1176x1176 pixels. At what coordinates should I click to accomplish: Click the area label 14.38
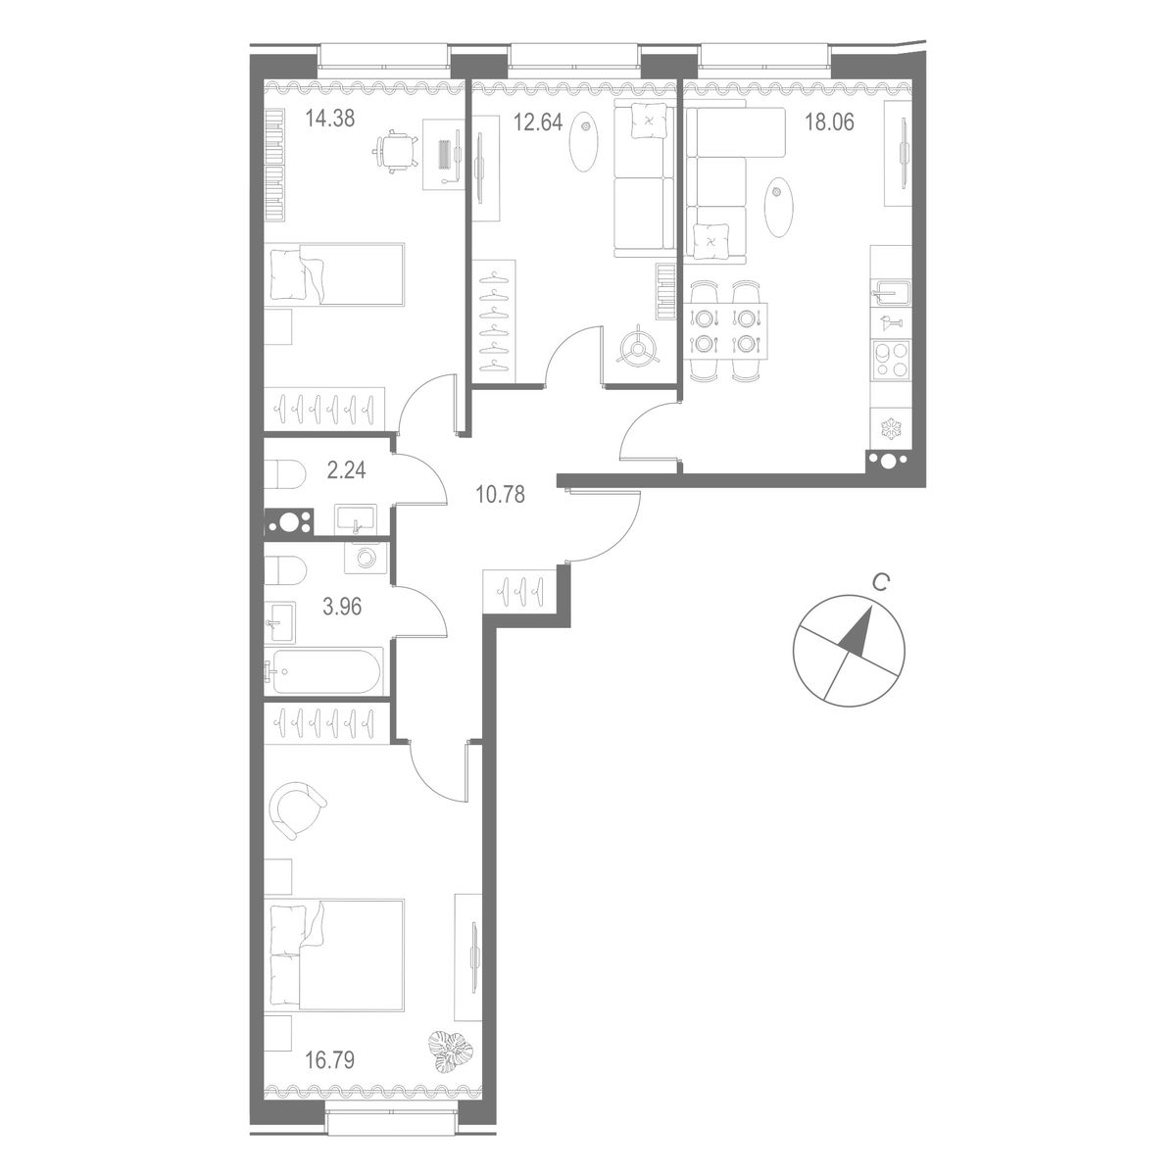click(330, 119)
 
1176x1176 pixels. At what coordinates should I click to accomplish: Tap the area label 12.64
click(537, 122)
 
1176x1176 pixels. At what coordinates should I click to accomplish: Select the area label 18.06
click(829, 122)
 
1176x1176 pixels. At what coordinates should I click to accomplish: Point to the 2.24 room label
click(346, 470)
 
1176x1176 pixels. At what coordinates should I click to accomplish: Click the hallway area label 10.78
click(500, 494)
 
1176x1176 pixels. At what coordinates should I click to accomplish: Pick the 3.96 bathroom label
click(342, 607)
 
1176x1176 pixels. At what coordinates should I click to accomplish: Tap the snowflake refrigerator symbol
click(891, 429)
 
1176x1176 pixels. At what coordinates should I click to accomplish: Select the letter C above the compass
click(879, 584)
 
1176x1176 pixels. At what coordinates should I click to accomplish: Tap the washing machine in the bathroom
click(367, 558)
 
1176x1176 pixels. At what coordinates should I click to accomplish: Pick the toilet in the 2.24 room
click(284, 473)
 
